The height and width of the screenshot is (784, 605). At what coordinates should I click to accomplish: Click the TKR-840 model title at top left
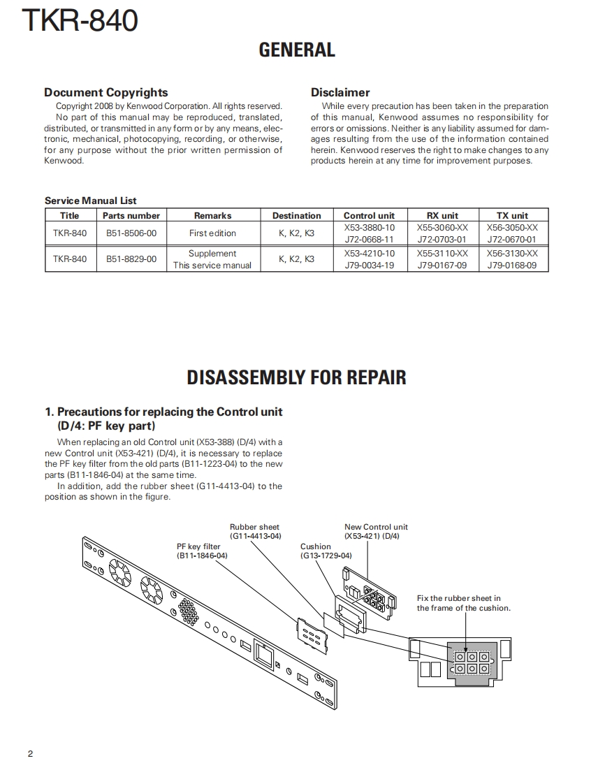(x=80, y=21)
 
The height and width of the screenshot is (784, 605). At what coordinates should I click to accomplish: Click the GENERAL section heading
(x=297, y=50)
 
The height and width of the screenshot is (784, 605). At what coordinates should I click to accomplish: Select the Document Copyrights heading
(x=105, y=92)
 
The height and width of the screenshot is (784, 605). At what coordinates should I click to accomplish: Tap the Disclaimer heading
(x=340, y=92)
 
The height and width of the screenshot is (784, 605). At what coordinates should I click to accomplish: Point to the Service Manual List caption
(x=91, y=201)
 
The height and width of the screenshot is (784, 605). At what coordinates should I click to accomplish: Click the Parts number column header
(x=131, y=216)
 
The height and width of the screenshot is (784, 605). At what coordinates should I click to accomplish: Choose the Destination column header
(x=296, y=216)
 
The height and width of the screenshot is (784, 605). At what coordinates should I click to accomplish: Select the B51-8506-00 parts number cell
(x=131, y=233)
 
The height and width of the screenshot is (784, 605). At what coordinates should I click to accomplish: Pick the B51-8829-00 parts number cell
(x=131, y=259)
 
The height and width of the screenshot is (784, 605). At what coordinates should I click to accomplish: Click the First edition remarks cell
(x=212, y=233)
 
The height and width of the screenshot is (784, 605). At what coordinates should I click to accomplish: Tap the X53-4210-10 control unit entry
(x=369, y=254)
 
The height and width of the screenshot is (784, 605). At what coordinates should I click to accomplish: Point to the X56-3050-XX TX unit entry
(x=512, y=228)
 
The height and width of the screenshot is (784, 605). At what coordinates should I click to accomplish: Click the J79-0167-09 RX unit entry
(x=442, y=266)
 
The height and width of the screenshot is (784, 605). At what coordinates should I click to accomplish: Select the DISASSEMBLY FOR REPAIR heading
(x=296, y=378)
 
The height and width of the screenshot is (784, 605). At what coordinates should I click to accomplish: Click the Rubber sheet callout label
(x=254, y=528)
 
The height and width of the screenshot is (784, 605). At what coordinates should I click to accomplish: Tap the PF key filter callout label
(x=198, y=546)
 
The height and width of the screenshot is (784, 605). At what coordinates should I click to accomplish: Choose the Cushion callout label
(x=316, y=546)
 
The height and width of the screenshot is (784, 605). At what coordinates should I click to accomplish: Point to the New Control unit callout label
(x=376, y=528)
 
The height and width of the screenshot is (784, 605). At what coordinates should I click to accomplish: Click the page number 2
(x=31, y=754)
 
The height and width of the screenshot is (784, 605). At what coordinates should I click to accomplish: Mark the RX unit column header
(x=442, y=216)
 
